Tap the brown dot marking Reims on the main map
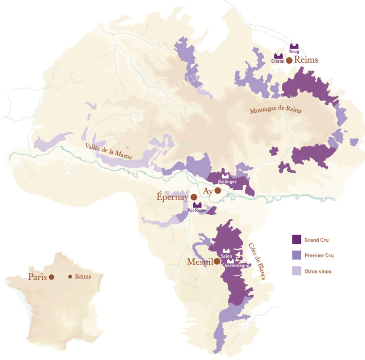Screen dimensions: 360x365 click(x=289, y=61)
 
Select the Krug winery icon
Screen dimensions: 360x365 click(x=294, y=44)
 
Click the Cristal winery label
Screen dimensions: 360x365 click(x=278, y=61)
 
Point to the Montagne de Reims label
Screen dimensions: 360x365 click(x=275, y=110)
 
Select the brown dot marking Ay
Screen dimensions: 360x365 click(x=218, y=191)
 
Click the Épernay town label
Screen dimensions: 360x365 click(x=172, y=197)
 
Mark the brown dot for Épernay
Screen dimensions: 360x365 click(x=194, y=197)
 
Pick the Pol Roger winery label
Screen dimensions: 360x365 click(x=197, y=211)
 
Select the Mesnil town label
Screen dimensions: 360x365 click(x=200, y=262)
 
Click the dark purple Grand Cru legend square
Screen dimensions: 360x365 click(x=296, y=239)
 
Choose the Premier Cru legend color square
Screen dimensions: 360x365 click(x=296, y=255)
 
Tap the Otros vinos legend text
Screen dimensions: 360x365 click(x=318, y=271)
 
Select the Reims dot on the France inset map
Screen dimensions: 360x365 click(x=70, y=276)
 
